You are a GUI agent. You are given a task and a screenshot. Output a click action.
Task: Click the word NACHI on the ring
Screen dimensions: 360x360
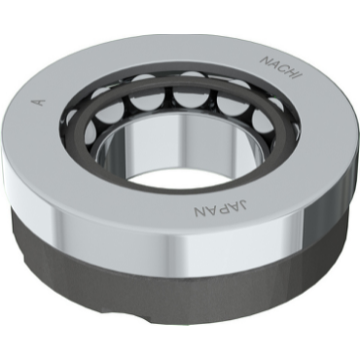click(282, 68)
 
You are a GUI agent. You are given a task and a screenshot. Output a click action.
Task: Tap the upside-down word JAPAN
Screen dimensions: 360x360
click(221, 209)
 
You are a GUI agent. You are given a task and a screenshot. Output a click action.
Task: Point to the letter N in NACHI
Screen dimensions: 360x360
click(267, 60)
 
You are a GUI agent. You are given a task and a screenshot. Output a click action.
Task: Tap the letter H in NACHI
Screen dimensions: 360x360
click(292, 72)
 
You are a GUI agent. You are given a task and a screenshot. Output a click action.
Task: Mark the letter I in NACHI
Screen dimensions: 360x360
click(300, 76)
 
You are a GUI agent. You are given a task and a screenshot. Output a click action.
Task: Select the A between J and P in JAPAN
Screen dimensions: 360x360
click(234, 208)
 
